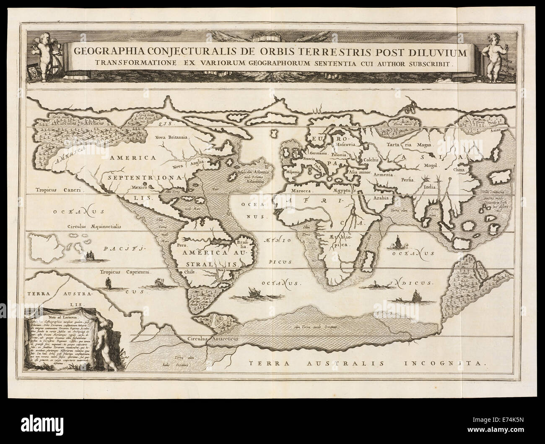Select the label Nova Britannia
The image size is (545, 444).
pyautogui.click(x=173, y=137)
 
